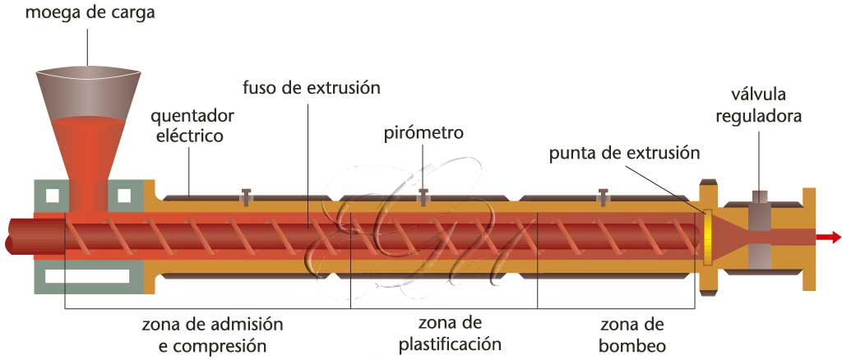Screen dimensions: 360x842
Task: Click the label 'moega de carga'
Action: click(x=90, y=13)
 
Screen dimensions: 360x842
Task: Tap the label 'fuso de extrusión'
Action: click(x=312, y=86)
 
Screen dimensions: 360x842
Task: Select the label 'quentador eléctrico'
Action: click(x=189, y=125)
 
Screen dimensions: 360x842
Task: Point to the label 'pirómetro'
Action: click(x=423, y=132)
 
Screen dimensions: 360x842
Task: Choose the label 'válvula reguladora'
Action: click(x=758, y=106)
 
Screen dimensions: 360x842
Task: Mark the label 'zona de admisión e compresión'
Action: click(x=214, y=333)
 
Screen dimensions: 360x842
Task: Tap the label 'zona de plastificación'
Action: click(x=449, y=333)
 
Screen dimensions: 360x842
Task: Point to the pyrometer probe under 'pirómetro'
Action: click(x=423, y=196)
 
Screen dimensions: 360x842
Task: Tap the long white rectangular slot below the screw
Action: click(x=87, y=276)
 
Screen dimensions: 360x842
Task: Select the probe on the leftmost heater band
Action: click(x=244, y=196)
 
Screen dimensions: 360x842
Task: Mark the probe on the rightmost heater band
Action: click(x=603, y=196)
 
